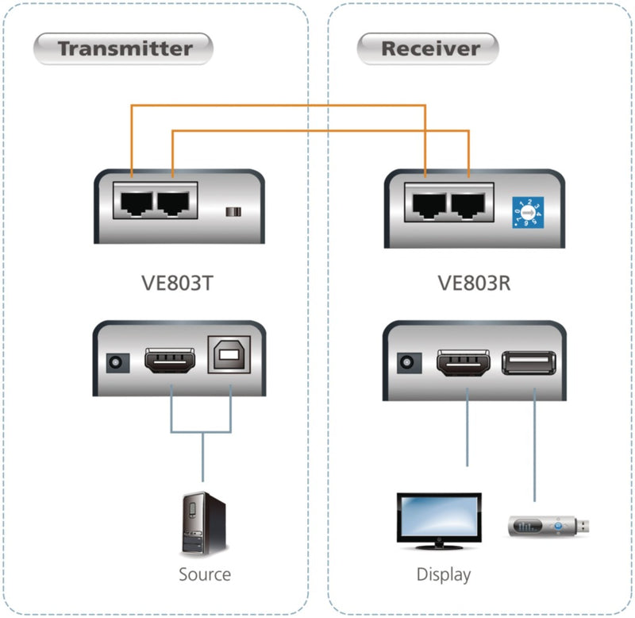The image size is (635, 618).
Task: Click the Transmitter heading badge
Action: point(124,48)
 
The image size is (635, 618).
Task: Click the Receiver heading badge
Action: point(429,48)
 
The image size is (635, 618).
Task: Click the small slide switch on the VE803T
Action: point(233,212)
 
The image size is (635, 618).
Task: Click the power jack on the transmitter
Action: point(117,363)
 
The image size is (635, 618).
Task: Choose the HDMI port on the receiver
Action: point(464,363)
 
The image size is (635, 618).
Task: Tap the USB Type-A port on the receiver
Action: point(529,363)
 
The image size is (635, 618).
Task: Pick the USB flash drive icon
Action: point(547,525)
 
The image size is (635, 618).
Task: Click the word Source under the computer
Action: point(204,574)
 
